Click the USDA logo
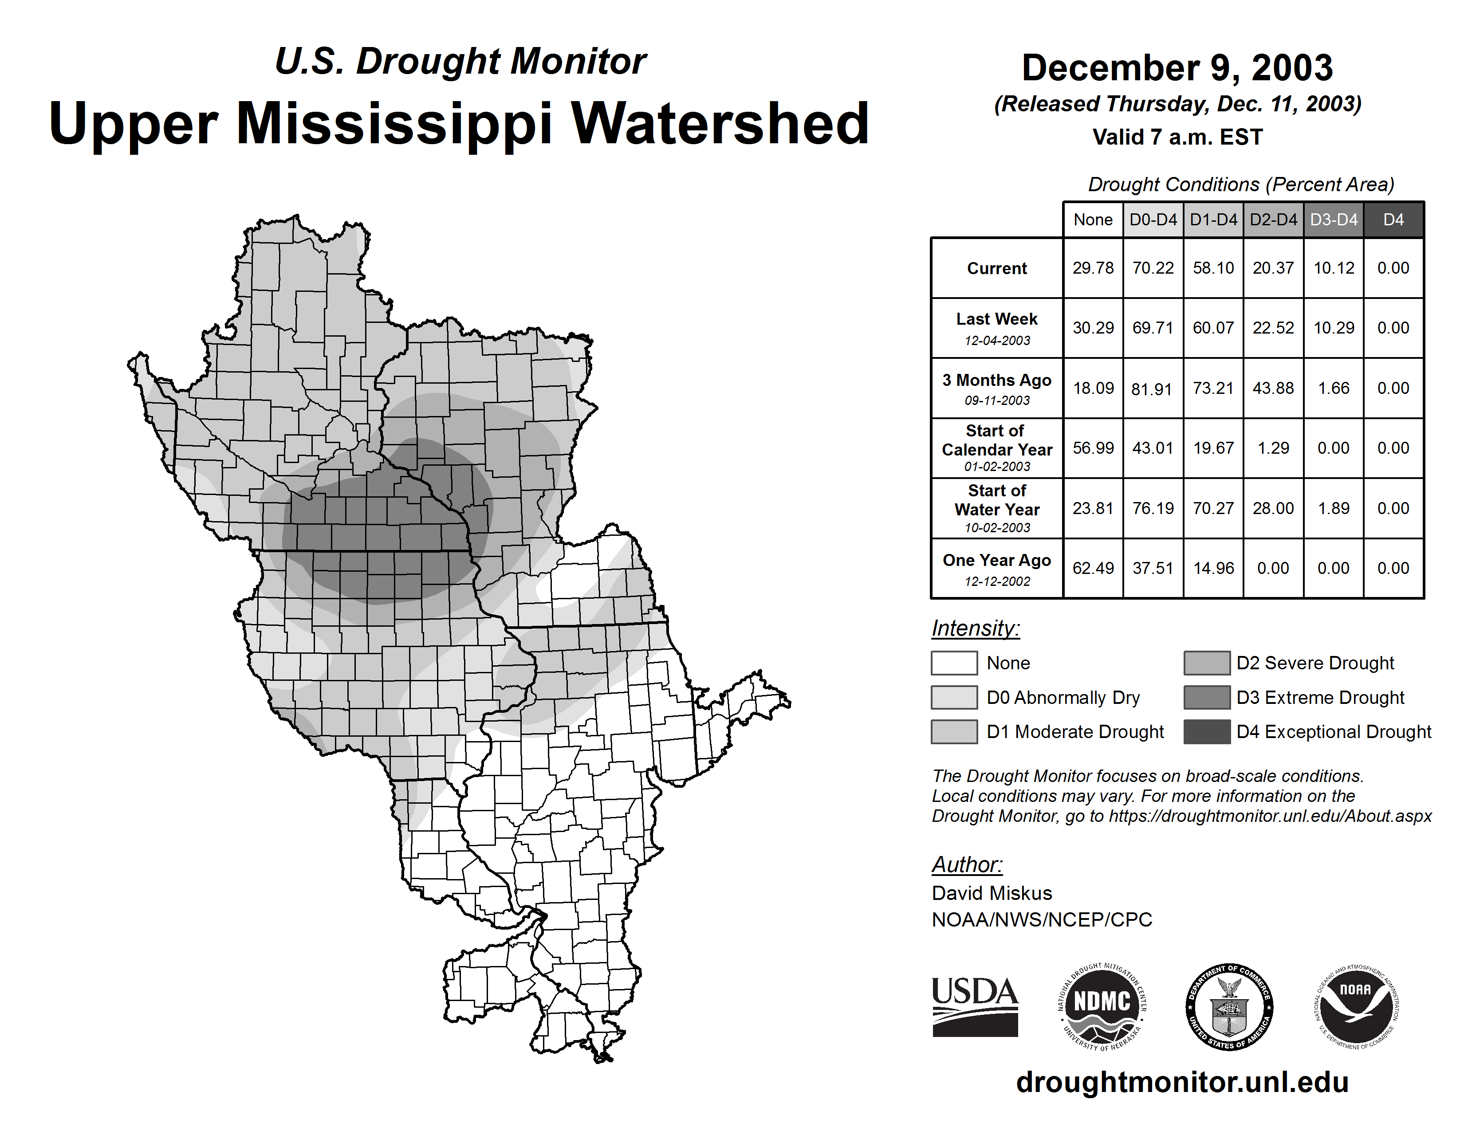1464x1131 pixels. tap(975, 1006)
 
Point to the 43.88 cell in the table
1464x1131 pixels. tap(1273, 388)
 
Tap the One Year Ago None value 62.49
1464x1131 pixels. tap(1093, 568)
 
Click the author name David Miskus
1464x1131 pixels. tap(992, 893)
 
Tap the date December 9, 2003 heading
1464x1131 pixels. tap(1177, 68)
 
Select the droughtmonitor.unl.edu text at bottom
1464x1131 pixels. tap(1182, 1082)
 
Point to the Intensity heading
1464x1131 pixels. tap(975, 628)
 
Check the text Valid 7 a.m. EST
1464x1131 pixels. tap(1177, 137)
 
